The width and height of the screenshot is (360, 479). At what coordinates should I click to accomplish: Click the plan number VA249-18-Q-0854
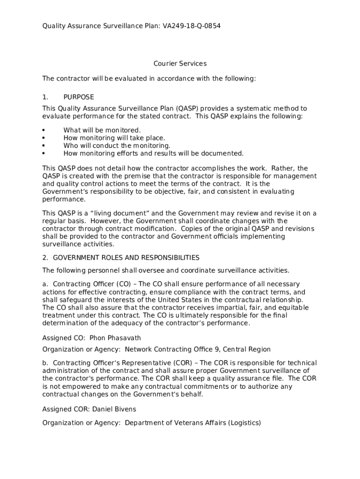click(192, 26)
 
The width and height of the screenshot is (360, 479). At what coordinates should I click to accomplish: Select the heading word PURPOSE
click(79, 97)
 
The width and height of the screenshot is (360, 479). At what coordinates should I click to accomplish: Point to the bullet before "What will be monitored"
click(43, 130)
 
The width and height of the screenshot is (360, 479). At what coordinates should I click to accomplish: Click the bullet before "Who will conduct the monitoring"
click(43, 145)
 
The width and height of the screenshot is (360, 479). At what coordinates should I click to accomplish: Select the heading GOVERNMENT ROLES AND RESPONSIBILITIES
click(126, 258)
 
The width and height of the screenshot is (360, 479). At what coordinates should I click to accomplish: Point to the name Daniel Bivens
click(114, 409)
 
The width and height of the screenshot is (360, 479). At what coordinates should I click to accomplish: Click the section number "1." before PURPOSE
click(45, 97)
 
